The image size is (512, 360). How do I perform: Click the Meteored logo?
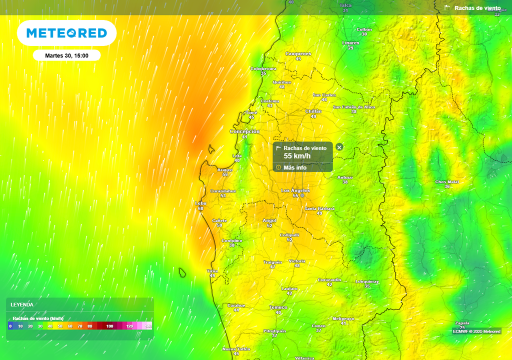coord(66,33)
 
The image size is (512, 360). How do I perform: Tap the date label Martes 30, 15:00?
coord(66,55)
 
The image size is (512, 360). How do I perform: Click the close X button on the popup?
coord(339,147)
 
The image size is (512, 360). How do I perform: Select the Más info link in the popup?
coord(294,167)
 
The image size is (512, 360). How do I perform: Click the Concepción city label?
coord(244,131)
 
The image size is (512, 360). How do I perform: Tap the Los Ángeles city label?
coord(295,190)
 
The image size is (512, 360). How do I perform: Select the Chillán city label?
coord(313,111)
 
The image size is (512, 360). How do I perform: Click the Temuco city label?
coord(278,307)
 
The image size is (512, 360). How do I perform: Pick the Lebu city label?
coord(200,203)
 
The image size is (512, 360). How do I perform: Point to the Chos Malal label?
coord(447,181)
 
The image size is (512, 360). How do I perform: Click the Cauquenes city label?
coord(298,53)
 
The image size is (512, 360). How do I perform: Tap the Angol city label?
coord(269,220)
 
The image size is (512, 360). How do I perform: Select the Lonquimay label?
coord(367,281)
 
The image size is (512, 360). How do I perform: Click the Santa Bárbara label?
coord(319,208)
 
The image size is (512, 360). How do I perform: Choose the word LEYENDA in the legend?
coord(22,304)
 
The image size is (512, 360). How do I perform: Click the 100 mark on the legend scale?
coord(110,326)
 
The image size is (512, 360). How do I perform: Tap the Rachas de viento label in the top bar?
coord(477,8)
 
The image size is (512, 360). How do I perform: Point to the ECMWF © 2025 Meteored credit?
coord(476,331)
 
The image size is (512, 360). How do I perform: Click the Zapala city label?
coord(462,323)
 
